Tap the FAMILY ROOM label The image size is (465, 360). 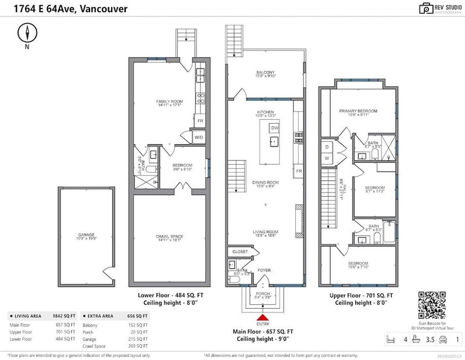(x=170, y=101)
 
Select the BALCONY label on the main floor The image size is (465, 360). (x=265, y=73)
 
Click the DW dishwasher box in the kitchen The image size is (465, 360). (x=274, y=127)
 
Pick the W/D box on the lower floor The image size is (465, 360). (x=198, y=137)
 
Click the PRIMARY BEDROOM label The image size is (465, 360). (x=359, y=111)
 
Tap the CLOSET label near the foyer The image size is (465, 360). (x=240, y=251)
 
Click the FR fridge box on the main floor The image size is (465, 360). (x=299, y=172)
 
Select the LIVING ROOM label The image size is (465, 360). (x=265, y=231)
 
